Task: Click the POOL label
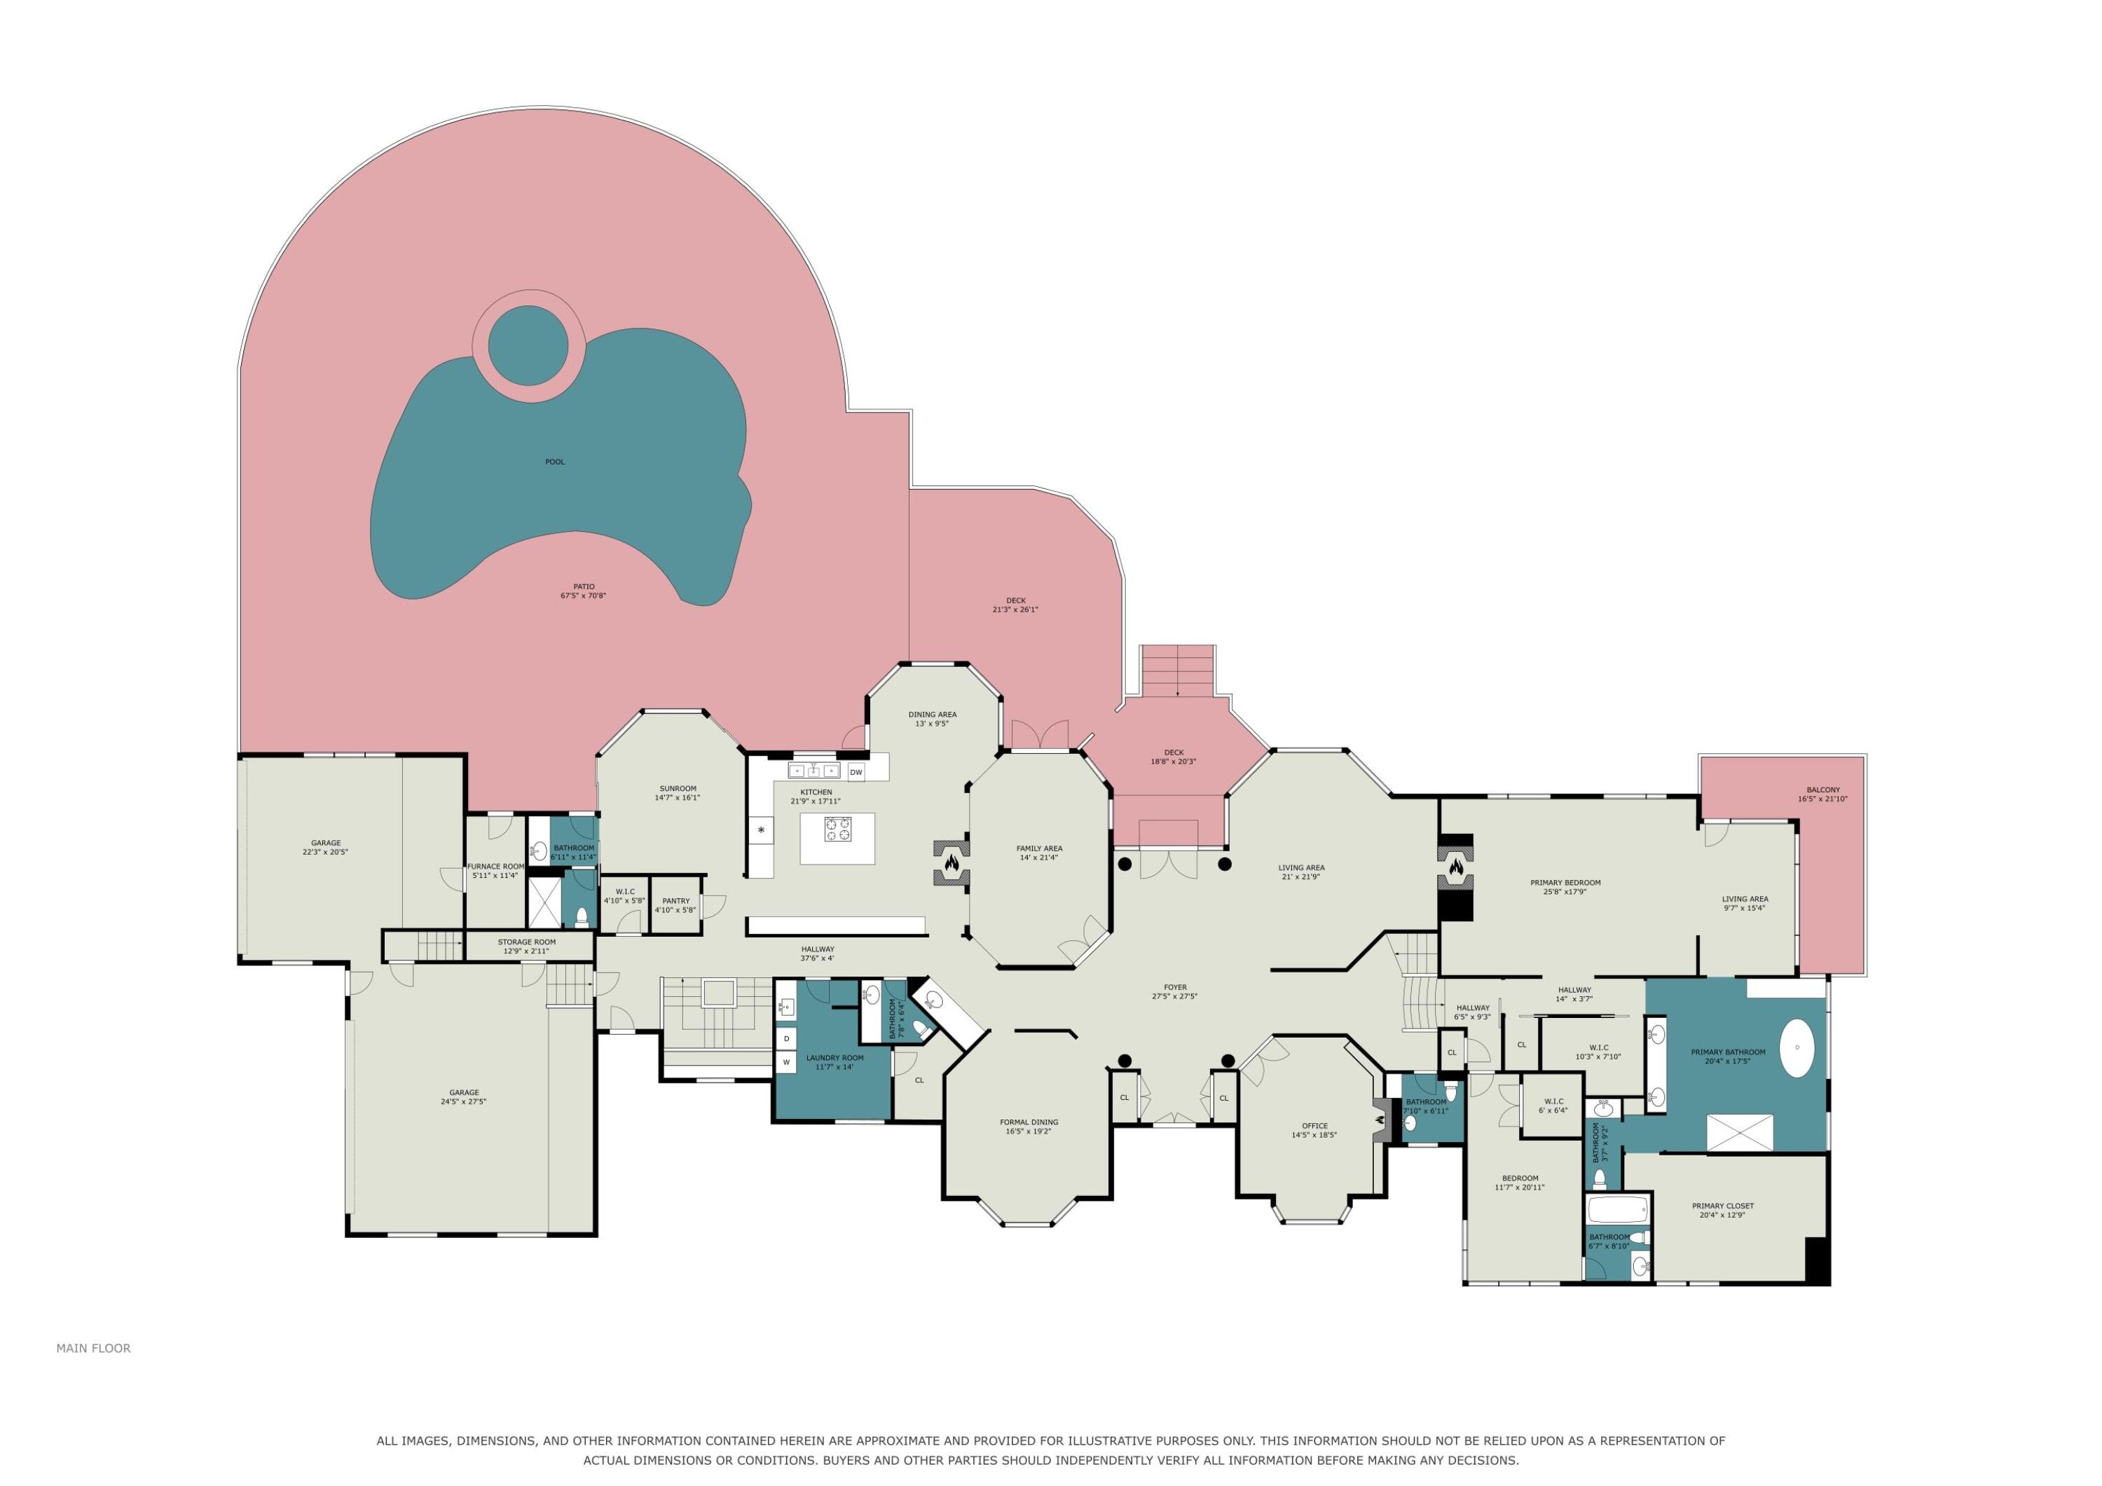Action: click(x=555, y=462)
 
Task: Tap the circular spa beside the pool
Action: click(x=528, y=346)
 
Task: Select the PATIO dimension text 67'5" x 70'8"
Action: click(x=583, y=596)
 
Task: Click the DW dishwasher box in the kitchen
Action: click(x=856, y=772)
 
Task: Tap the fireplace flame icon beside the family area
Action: click(x=952, y=862)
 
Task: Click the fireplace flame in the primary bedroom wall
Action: click(x=1456, y=865)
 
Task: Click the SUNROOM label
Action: click(x=678, y=788)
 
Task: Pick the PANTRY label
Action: click(x=675, y=901)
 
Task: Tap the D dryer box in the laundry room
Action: click(x=786, y=1039)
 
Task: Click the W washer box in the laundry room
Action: click(x=786, y=1062)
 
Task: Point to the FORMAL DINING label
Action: click(x=1029, y=1122)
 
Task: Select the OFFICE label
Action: click(x=1314, y=1125)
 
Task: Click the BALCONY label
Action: click(x=1822, y=790)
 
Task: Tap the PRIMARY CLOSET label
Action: click(x=1723, y=1206)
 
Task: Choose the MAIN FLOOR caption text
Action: click(x=93, y=1348)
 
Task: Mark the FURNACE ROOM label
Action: click(x=495, y=866)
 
